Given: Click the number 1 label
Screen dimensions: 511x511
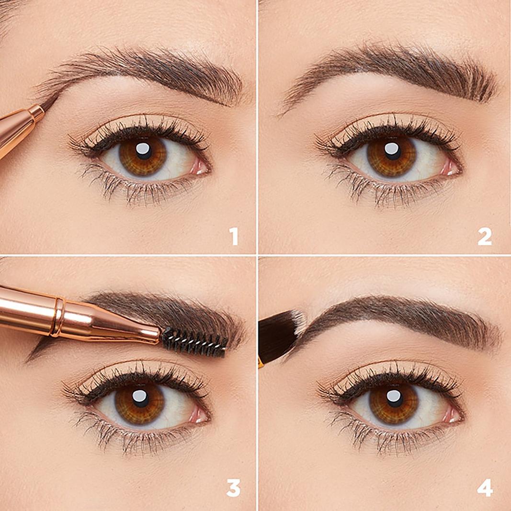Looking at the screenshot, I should (x=233, y=237).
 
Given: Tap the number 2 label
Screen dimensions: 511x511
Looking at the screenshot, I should (x=484, y=237).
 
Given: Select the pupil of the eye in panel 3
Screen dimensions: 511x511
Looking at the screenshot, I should (x=139, y=400).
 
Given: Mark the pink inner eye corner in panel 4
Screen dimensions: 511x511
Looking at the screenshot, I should (x=452, y=415).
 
